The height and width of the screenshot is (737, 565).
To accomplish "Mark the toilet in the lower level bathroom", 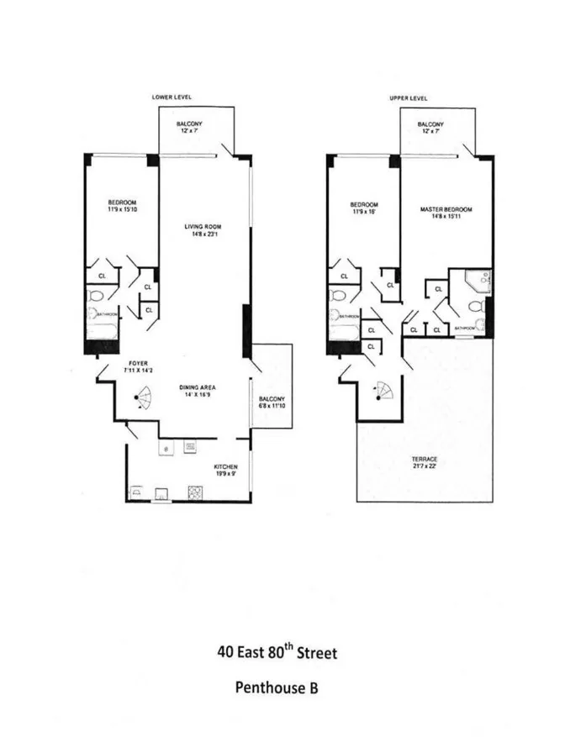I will click(x=96, y=296).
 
